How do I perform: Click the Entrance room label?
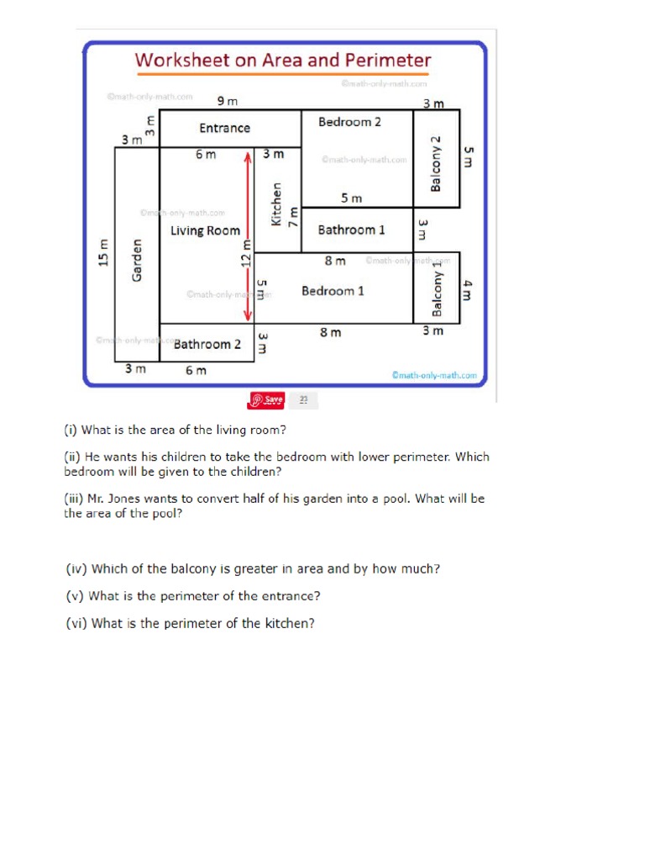[x=224, y=129]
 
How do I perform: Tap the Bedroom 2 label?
[x=349, y=122]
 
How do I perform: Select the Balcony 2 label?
[x=436, y=162]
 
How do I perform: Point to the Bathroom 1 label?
[x=352, y=230]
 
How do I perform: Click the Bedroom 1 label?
[x=333, y=291]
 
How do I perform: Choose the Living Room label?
[x=205, y=230]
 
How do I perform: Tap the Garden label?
[x=138, y=261]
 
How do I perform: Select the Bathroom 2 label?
[x=207, y=344]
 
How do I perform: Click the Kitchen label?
[x=276, y=204]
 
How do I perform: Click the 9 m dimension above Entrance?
[x=228, y=101]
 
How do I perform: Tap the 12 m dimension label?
[x=246, y=251]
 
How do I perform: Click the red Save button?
[x=267, y=399]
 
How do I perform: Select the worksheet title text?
[x=283, y=61]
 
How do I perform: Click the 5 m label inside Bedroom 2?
[x=351, y=198]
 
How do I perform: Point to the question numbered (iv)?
[x=253, y=569]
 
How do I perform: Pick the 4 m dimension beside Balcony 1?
[x=468, y=290]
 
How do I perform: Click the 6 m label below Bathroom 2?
[x=195, y=370]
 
